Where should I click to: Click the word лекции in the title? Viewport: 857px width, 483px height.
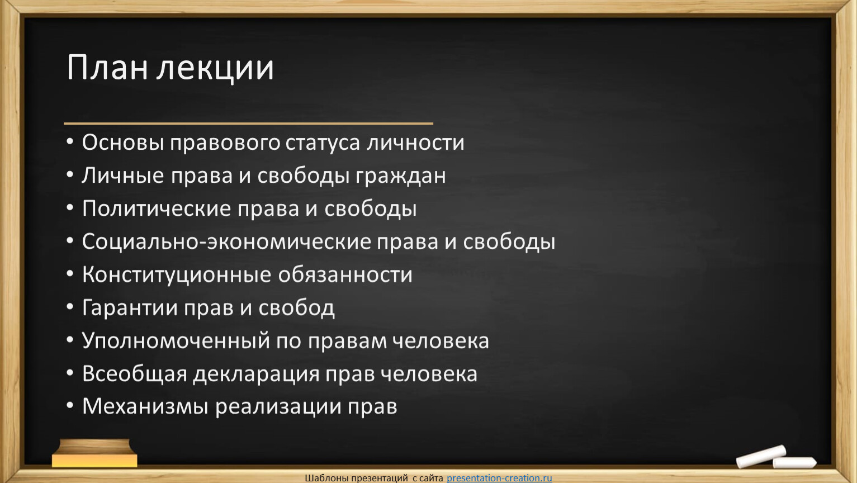[215, 69]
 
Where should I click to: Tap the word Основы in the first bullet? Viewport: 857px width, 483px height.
[123, 143]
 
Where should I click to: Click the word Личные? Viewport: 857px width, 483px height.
[122, 176]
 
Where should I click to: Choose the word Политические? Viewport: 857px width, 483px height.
[157, 209]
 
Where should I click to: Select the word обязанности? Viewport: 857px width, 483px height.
[345, 274]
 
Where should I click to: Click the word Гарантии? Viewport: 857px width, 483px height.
[130, 307]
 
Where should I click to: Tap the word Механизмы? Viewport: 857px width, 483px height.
[145, 406]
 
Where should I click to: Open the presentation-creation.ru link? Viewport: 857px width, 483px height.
[499, 478]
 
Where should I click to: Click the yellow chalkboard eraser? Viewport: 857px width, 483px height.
[94, 453]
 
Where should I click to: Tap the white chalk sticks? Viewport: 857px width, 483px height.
[776, 457]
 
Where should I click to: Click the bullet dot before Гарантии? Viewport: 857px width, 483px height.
[70, 307]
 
